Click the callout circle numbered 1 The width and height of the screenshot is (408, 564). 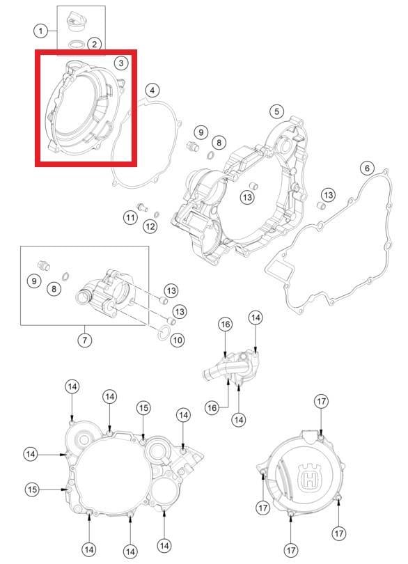(x=40, y=31)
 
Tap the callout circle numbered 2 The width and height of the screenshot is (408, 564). (x=94, y=45)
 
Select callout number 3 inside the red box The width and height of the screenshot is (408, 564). (x=121, y=63)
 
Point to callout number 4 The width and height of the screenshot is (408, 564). (x=152, y=91)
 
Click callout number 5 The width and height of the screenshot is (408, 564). (x=276, y=111)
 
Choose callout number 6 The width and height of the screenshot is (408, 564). (x=367, y=168)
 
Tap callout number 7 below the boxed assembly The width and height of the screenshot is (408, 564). (x=84, y=340)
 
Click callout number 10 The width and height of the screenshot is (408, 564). (x=178, y=340)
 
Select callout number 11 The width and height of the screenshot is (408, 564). (x=130, y=218)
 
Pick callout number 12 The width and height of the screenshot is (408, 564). (x=150, y=226)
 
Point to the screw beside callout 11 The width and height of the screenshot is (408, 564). (x=143, y=207)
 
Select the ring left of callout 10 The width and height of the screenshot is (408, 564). (x=164, y=333)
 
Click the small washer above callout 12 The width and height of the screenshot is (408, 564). (x=157, y=214)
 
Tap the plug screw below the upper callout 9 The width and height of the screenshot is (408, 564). (x=192, y=146)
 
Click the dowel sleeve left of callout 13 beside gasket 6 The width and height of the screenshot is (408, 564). (x=320, y=205)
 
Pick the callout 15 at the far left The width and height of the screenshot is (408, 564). (x=32, y=489)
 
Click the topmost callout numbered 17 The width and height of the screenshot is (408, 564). (x=321, y=401)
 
